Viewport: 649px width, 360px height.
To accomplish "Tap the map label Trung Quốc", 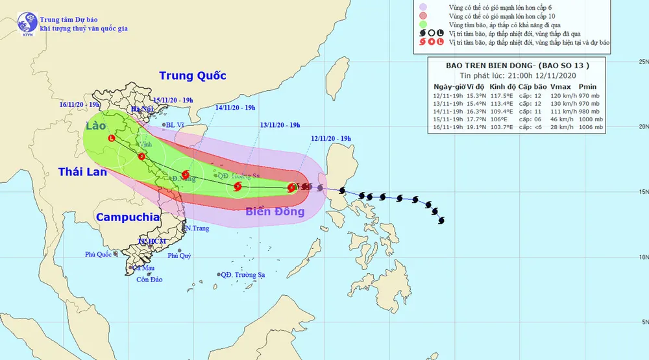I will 193,76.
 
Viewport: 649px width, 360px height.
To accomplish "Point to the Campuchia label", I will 128,217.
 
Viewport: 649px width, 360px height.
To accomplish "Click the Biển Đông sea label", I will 275,211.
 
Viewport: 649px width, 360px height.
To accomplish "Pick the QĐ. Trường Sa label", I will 245,274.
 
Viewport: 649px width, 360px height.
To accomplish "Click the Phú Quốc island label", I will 98,254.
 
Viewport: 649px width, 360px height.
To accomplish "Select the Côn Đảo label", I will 149,280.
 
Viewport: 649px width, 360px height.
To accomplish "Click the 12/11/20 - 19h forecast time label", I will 330,139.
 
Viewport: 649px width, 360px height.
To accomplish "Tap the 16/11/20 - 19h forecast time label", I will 78,103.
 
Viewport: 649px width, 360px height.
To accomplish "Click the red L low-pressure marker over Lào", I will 112,138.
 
